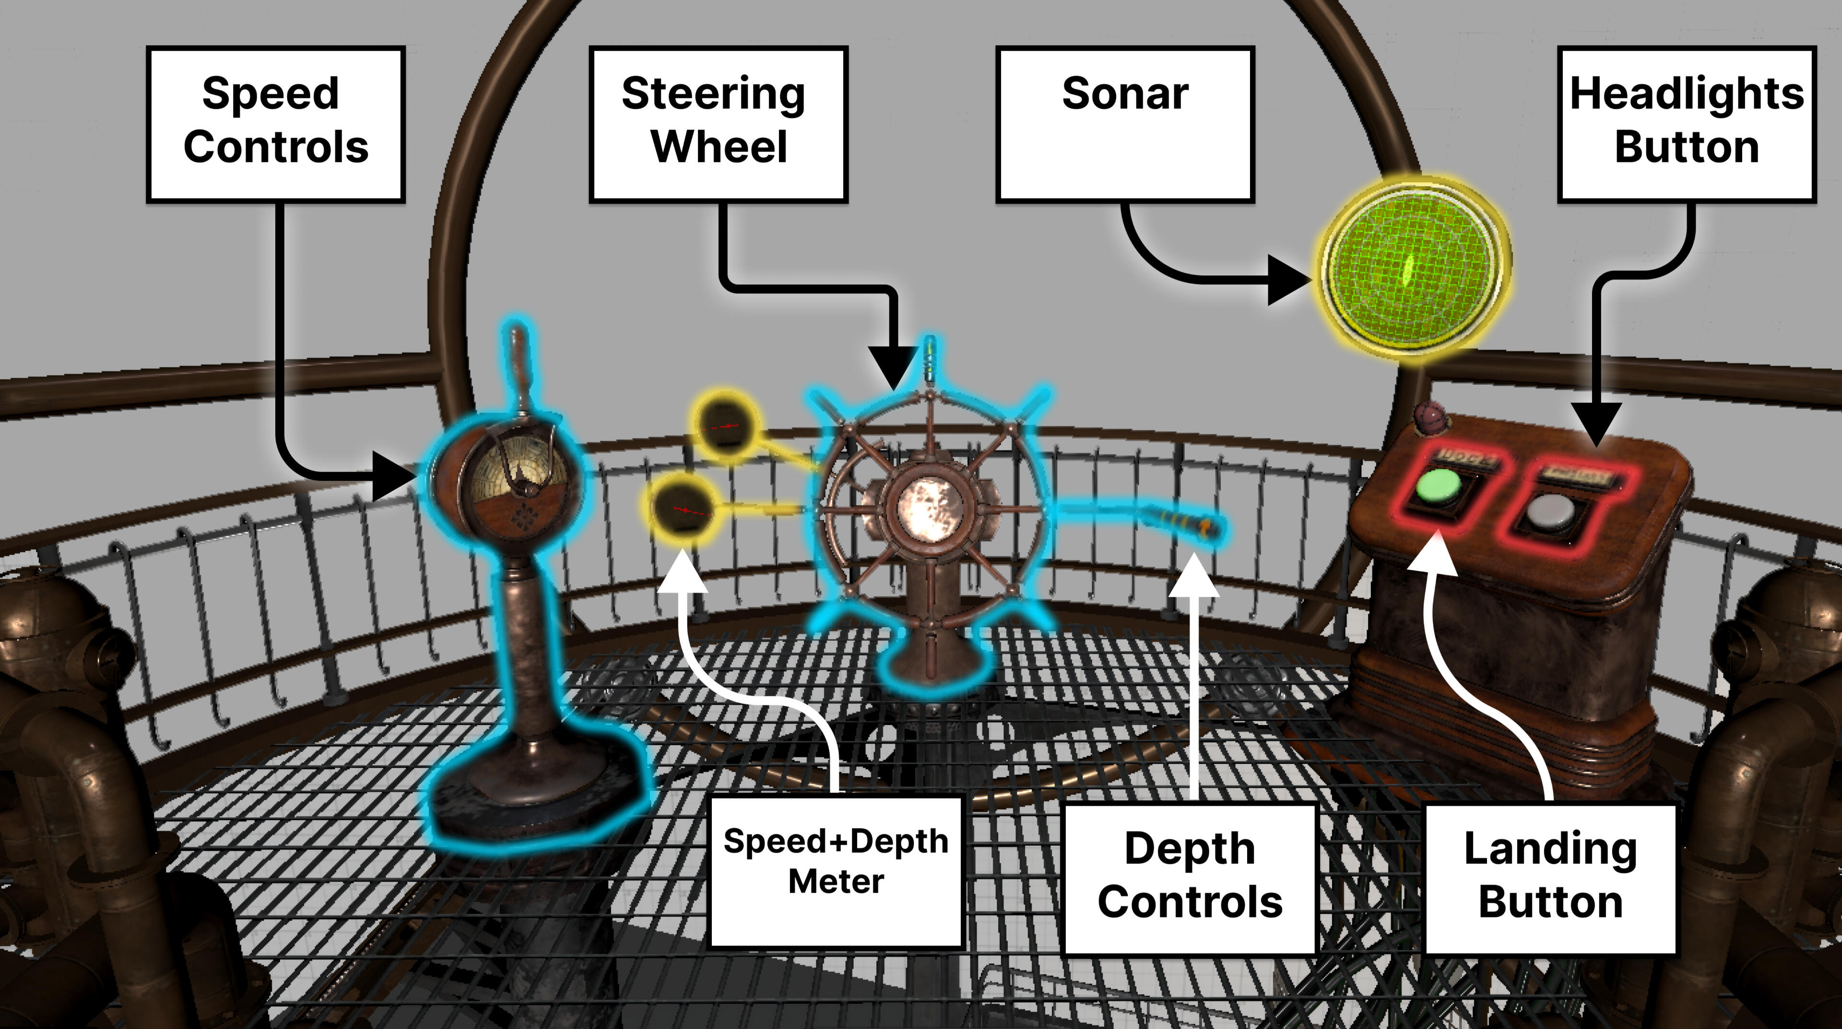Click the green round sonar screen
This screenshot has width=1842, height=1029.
(x=1412, y=269)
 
